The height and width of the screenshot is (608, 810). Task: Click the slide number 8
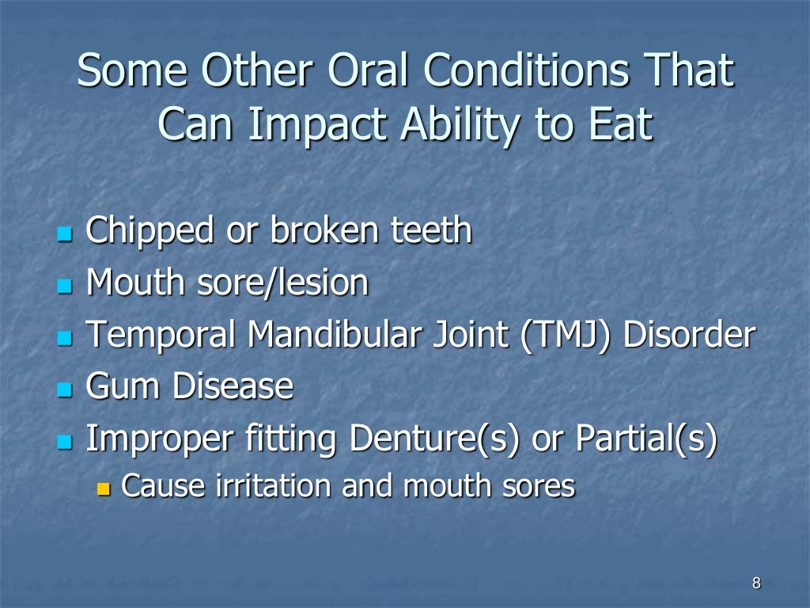tap(756, 584)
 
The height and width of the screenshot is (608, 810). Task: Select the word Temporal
tap(161, 335)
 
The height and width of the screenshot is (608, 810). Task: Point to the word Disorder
tap(688, 335)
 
